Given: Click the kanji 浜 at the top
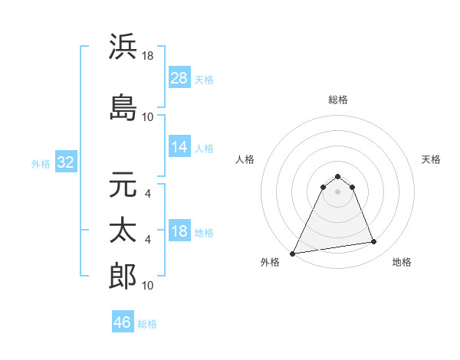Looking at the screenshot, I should click(123, 47).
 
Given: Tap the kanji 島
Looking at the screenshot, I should click(123, 109).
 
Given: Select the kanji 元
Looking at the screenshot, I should click(123, 186).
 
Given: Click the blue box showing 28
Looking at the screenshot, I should click(179, 78).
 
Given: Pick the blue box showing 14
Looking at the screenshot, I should click(179, 147).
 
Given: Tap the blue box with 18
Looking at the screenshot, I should click(179, 231).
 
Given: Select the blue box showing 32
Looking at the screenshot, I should click(65, 162).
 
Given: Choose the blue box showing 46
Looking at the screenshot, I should click(123, 322).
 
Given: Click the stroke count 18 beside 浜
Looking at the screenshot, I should click(148, 56).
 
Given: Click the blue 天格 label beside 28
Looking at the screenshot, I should click(203, 80).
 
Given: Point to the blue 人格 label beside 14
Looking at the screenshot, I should click(203, 149).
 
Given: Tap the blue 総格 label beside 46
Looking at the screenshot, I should click(147, 324).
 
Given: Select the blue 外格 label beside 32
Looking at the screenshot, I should click(41, 164).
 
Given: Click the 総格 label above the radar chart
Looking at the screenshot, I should click(337, 100).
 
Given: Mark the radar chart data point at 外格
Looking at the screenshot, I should click(293, 253).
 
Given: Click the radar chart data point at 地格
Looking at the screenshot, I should click(374, 242).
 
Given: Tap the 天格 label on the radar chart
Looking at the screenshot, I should click(431, 159).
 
